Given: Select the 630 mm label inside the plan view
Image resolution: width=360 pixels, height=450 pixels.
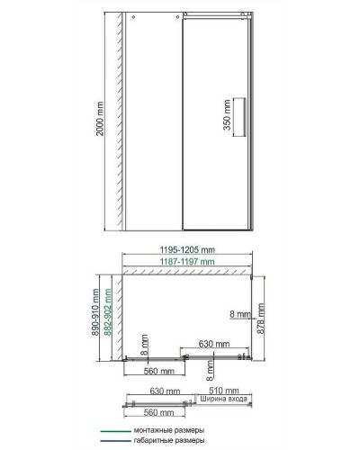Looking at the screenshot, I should pos(212,343).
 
